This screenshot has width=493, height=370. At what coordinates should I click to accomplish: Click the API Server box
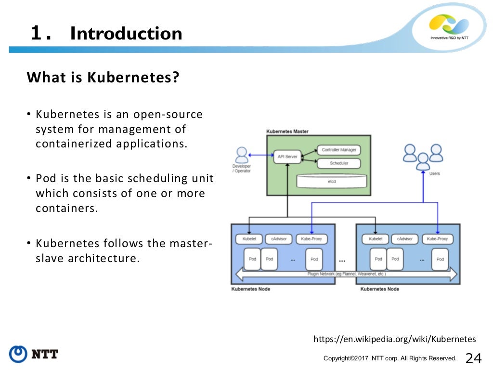(x=287, y=156)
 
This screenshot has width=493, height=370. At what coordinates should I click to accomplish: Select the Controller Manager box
(x=339, y=150)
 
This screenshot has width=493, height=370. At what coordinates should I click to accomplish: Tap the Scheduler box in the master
(x=339, y=163)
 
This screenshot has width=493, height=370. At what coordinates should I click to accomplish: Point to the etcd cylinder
(x=332, y=181)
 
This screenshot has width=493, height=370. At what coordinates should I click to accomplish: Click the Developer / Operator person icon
(x=242, y=156)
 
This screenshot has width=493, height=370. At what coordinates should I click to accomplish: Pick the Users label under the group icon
(x=434, y=173)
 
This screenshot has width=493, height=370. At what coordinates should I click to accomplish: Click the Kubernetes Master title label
(x=287, y=132)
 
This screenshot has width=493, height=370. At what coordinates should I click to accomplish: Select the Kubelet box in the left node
(x=249, y=239)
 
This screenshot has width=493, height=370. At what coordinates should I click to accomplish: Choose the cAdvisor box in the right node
(x=405, y=239)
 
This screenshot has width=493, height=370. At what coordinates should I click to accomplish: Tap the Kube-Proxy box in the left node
(x=311, y=239)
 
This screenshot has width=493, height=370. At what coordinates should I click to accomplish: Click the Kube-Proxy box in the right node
(x=438, y=239)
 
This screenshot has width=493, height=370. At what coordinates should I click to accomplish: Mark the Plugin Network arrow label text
(x=346, y=274)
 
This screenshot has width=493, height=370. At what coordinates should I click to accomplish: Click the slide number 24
(x=473, y=358)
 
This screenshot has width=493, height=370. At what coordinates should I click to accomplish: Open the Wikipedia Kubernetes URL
(x=394, y=339)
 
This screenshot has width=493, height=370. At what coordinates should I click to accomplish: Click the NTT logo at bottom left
(x=34, y=354)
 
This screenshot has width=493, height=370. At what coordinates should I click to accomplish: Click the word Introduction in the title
(x=126, y=34)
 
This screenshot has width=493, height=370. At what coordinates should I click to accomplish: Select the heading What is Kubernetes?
(x=103, y=78)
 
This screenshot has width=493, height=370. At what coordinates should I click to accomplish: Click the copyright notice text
(x=390, y=358)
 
